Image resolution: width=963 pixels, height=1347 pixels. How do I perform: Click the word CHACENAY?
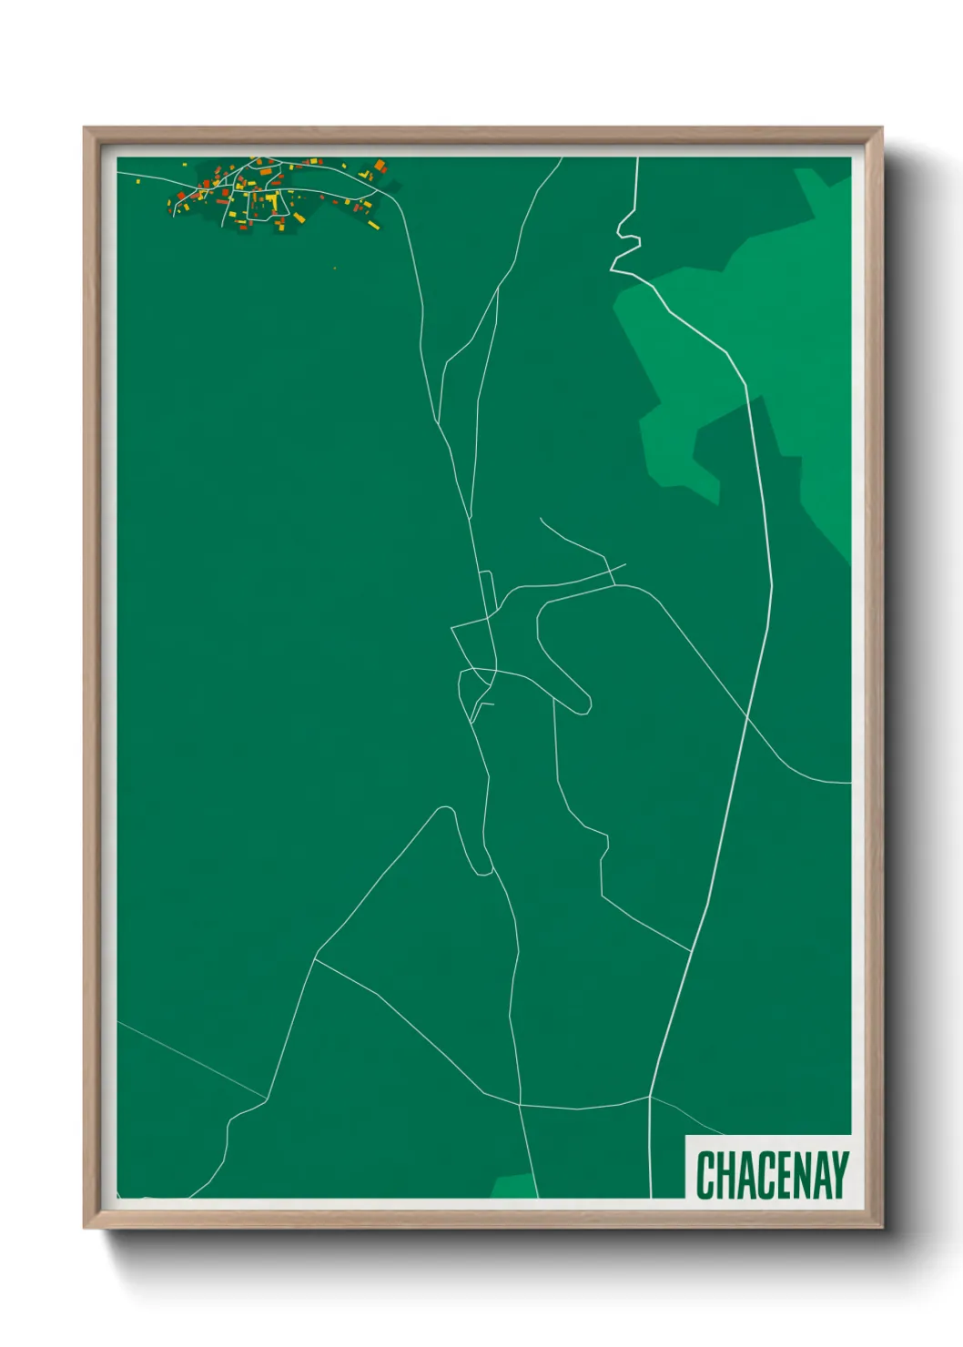(772, 1174)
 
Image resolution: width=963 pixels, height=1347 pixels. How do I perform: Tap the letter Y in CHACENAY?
(838, 1174)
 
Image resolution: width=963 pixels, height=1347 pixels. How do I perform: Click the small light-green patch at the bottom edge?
(513, 1186)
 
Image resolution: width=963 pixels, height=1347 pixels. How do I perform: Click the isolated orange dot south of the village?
(335, 268)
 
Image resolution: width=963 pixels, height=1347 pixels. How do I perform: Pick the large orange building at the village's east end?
(380, 166)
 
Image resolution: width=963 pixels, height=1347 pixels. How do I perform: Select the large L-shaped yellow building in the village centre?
(271, 197)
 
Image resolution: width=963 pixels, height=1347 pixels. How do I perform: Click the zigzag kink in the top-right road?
(626, 241)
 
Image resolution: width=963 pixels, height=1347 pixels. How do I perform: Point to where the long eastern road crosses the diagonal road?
(747, 716)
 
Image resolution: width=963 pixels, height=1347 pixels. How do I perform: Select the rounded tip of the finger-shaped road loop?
(583, 704)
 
